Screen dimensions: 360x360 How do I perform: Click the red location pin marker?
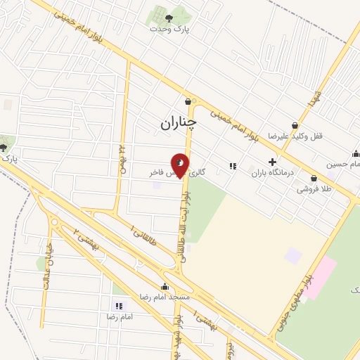pos(180,166)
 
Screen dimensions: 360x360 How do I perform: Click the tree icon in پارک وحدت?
pos(167,18)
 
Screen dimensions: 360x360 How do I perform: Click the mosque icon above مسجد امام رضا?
pos(165,286)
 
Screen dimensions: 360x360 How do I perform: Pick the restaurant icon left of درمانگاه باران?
pos(232,167)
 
